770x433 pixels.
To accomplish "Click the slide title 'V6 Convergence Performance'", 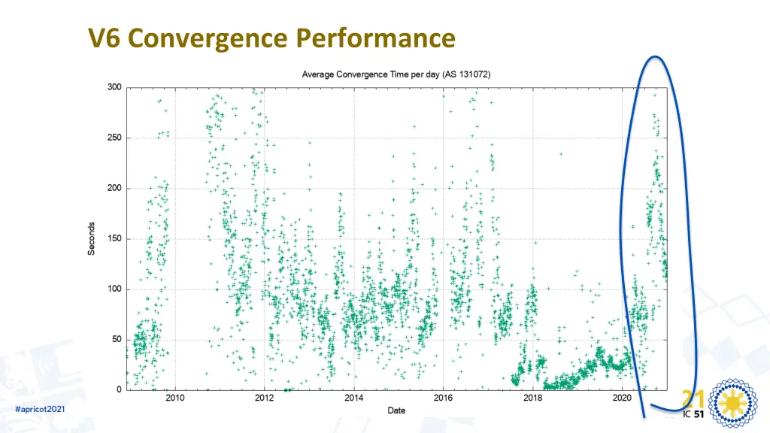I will pos(271,38).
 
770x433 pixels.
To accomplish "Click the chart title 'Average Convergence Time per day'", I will pos(396,74).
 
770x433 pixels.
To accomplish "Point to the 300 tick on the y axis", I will pos(114,87).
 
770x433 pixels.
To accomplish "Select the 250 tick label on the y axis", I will pos(114,138).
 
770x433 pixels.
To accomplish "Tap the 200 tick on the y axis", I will pos(114,188).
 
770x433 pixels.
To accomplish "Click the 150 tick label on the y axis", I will pos(114,238).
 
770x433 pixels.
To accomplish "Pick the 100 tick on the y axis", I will pos(114,289).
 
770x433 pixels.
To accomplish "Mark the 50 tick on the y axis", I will pos(117,339).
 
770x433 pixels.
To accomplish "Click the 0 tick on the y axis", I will pos(119,389).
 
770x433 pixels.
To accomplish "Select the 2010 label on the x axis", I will pos(175,398).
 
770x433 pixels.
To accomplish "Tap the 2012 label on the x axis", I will pos(265,398).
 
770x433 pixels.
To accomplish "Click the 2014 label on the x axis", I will pos(354,398).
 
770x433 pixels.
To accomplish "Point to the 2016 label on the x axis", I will pos(443,398).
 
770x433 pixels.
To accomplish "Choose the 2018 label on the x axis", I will pos(532,398).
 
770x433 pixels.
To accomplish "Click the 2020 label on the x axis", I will pos(622,398).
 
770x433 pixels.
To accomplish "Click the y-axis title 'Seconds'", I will pos(92,238).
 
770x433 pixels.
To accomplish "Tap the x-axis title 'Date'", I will pos(396,410).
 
